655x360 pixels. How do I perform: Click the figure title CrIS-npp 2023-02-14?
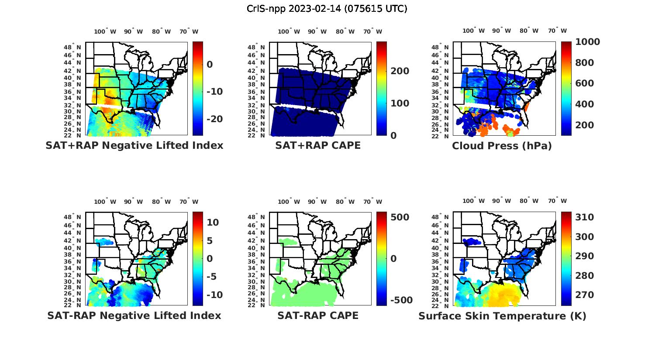pos(327,9)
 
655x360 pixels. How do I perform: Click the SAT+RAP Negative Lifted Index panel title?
pos(134,145)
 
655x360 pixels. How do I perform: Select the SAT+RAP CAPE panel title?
pos(318,145)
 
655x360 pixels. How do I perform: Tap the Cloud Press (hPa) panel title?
pos(502,146)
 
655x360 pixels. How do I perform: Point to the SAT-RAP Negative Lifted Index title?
pos(134,315)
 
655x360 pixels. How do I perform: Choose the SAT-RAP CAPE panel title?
pos(318,315)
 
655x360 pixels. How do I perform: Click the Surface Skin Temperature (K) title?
pos(502,316)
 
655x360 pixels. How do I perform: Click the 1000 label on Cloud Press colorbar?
pos(587,42)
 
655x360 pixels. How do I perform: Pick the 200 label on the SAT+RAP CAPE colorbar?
pos(400,71)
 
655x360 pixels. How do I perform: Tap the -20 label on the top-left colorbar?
pos(214,119)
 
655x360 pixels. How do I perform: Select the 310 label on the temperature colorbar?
pos(584,217)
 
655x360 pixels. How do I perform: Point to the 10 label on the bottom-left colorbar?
pos(213,222)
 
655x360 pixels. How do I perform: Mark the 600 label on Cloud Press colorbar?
pos(584,83)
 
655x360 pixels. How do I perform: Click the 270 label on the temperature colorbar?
pos(584,295)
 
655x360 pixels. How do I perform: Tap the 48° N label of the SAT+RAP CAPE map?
pos(256,48)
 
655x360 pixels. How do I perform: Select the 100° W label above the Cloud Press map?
pos(473,31)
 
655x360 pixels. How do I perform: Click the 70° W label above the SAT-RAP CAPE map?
pos(372,202)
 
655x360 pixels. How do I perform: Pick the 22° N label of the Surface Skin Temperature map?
pos(440,305)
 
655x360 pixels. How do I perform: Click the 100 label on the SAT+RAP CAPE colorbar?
pos(400,103)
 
